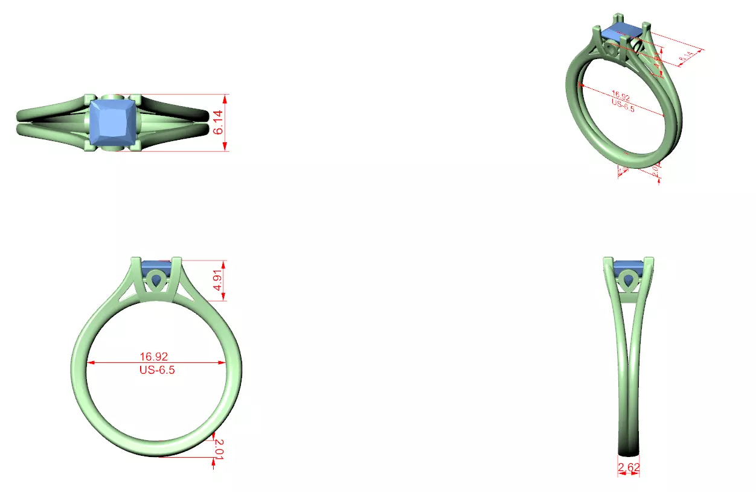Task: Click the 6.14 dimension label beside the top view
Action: (x=219, y=122)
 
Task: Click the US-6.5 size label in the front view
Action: (x=157, y=370)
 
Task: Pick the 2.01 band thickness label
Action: (x=219, y=449)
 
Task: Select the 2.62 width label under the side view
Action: (x=629, y=467)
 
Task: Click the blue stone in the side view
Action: (x=629, y=266)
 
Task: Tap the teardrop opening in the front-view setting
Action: (x=157, y=281)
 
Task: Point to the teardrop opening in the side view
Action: (x=629, y=280)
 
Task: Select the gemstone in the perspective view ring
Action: (x=622, y=32)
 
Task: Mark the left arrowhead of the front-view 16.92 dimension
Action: (x=90, y=363)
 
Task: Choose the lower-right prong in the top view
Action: (x=137, y=147)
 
